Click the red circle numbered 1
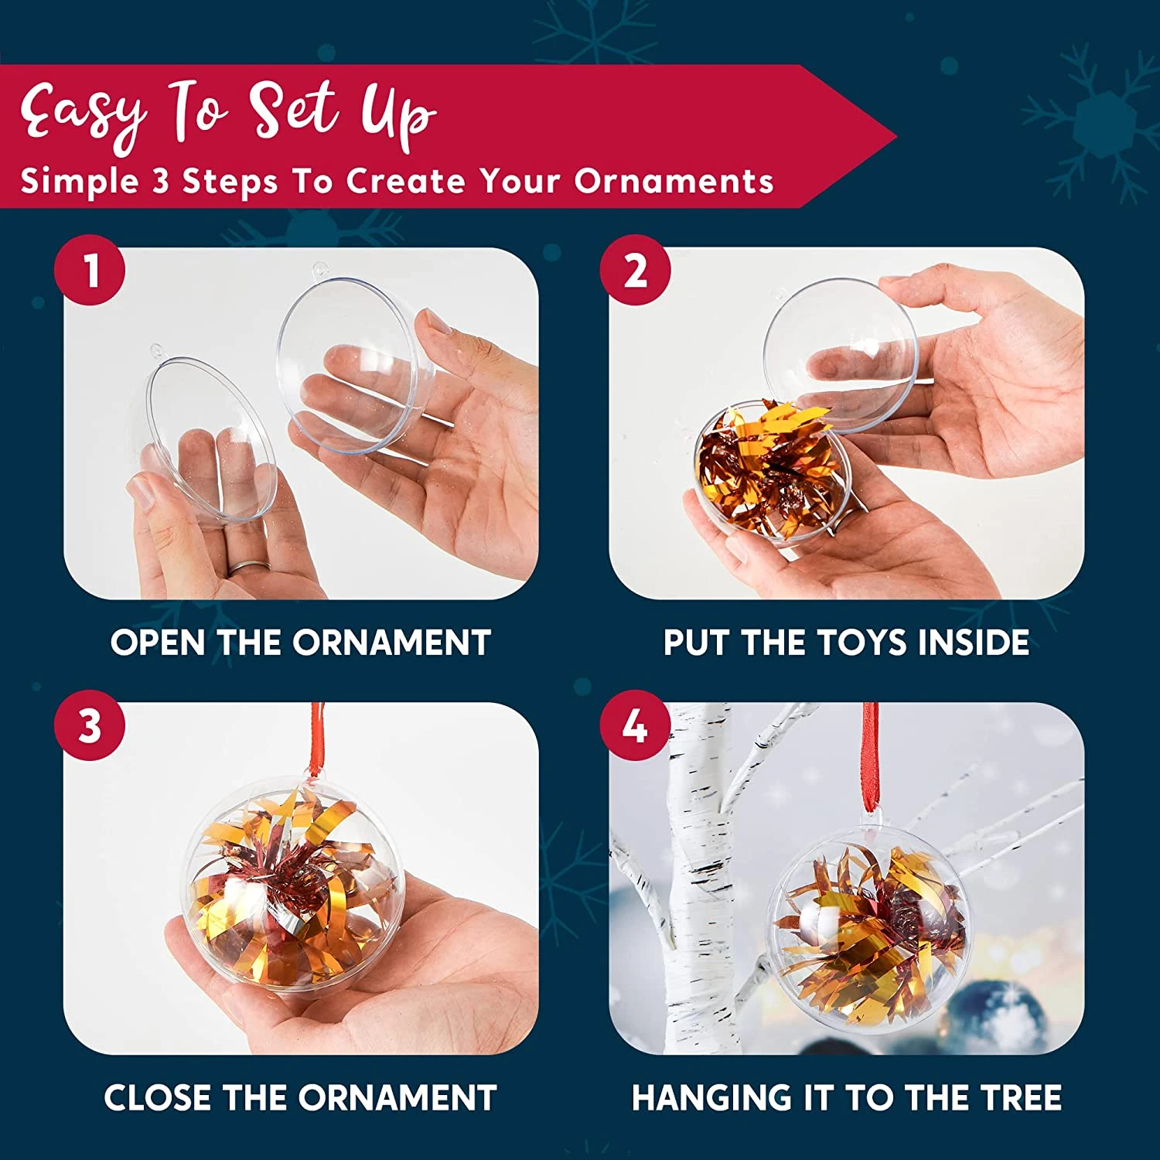tap(90, 271)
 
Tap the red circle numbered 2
tap(636, 271)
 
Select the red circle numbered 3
tap(90, 725)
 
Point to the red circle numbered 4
tap(636, 725)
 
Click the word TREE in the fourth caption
tap(1021, 1097)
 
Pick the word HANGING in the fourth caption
tap(709, 1097)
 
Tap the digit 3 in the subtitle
tap(160, 181)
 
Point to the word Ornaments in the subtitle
tap(674, 181)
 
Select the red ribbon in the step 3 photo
tap(316, 738)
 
